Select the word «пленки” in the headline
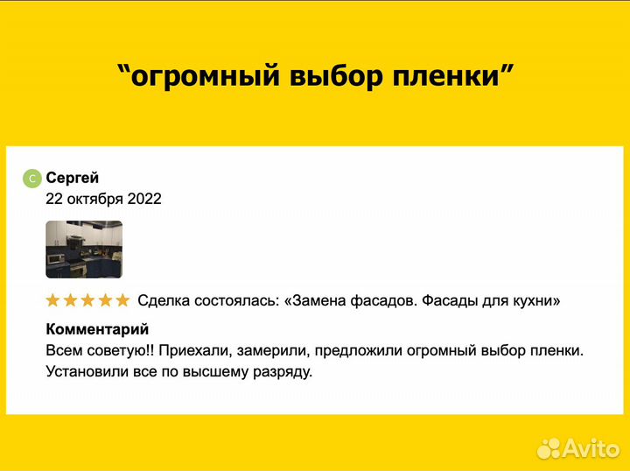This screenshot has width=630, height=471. (450, 76)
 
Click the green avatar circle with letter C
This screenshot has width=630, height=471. (32, 179)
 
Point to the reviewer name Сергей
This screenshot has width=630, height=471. (73, 178)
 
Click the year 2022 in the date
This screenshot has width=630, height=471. (144, 199)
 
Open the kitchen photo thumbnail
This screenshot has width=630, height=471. (84, 250)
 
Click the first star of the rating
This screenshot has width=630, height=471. (53, 301)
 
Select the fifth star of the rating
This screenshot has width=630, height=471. (122, 301)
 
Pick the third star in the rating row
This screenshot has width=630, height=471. (87, 301)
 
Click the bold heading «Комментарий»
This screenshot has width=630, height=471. (97, 329)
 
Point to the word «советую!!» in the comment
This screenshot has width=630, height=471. (122, 350)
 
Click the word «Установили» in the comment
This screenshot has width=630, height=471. (86, 371)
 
